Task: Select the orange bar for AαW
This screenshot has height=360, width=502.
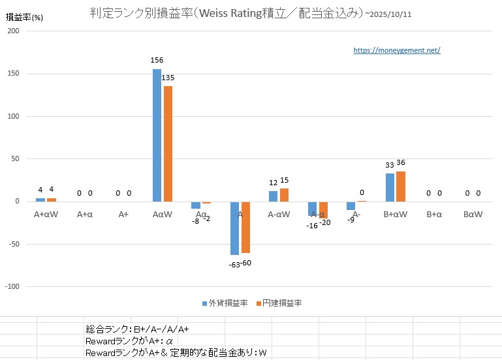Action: click(168, 143)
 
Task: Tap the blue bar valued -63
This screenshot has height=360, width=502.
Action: click(234, 228)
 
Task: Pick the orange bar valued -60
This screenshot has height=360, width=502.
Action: click(245, 226)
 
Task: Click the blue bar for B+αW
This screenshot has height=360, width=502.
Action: click(390, 187)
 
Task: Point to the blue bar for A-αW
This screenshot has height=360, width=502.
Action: click(273, 196)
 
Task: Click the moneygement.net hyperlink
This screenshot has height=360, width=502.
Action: click(397, 50)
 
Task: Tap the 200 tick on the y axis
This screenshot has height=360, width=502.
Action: click(14, 31)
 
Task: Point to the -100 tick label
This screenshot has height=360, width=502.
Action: click(12, 286)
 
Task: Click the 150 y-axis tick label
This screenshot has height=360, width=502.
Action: click(14, 74)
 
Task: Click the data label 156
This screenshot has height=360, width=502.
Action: click(157, 61)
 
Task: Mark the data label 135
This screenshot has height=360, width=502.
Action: click(168, 78)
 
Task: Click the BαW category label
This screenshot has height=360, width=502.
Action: click(473, 213)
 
